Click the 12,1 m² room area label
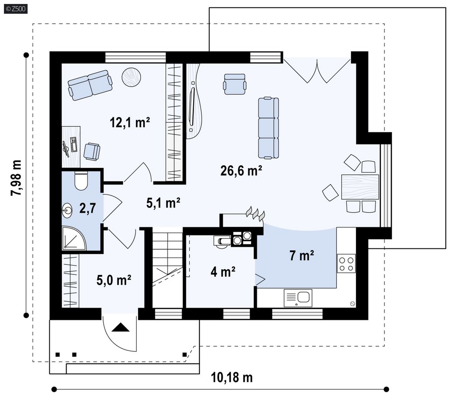pyautogui.click(x=130, y=123)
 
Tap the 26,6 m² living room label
pyautogui.click(x=241, y=170)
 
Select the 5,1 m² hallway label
pyautogui.click(x=163, y=203)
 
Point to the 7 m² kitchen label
pyautogui.click(x=301, y=255)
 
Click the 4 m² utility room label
pyautogui.click(x=223, y=272)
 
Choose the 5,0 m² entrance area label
pyautogui.click(x=114, y=280)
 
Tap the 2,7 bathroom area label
pyautogui.click(x=88, y=208)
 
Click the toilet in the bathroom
pyautogui.click(x=81, y=181)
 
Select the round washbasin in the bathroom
pyautogui.click(x=67, y=210)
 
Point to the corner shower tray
pyautogui.click(x=74, y=238)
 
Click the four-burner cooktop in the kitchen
pyautogui.click(x=346, y=263)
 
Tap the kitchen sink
pyautogui.click(x=298, y=298)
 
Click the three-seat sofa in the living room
pyautogui.click(x=268, y=128)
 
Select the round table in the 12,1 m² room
pyautogui.click(x=131, y=77)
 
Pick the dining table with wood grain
pyautogui.click(x=360, y=187)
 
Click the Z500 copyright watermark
pyautogui.click(x=16, y=9)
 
